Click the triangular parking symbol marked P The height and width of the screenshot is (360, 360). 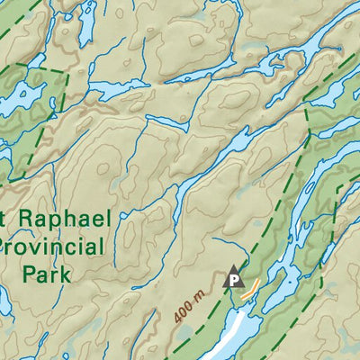pos(234,278)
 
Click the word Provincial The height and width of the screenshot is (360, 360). pos(54,247)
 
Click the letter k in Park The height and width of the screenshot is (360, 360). pos(65,274)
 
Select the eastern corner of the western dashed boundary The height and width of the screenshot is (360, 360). pos(68,72)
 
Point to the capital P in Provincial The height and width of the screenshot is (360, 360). pos(7,247)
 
